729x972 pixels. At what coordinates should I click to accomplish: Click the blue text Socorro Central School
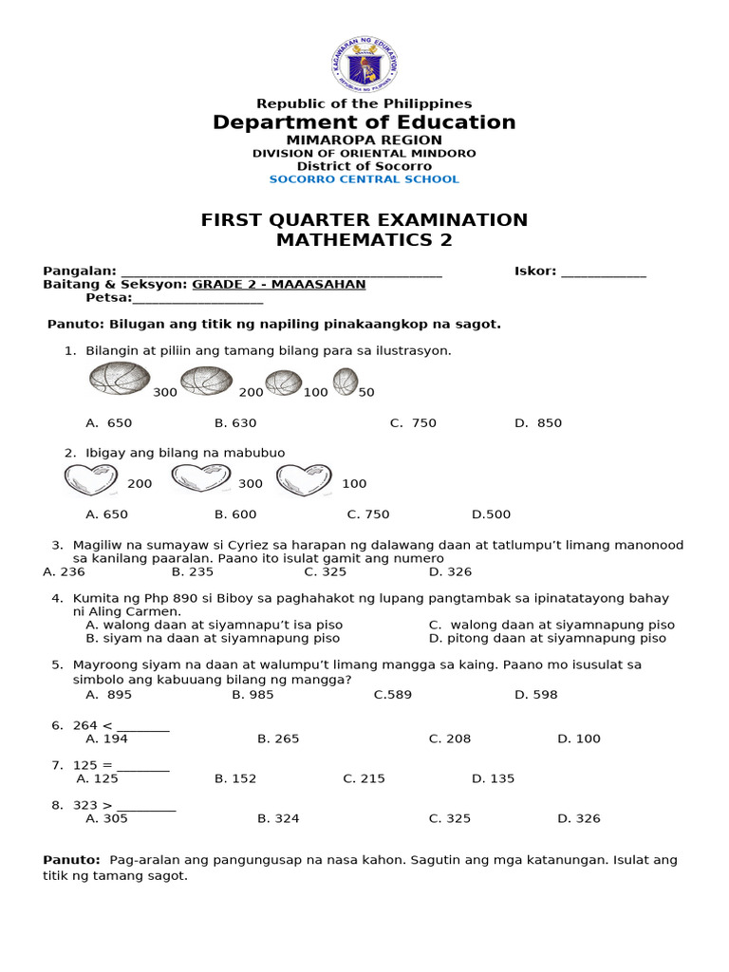click(x=364, y=179)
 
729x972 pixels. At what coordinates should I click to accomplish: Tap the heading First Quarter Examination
click(x=364, y=220)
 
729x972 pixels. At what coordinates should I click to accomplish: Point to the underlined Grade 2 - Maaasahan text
click(x=278, y=285)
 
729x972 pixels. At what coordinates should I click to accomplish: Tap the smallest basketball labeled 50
click(x=345, y=382)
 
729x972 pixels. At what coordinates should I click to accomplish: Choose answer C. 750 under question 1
click(x=413, y=423)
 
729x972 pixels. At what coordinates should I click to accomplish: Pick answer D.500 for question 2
click(x=491, y=514)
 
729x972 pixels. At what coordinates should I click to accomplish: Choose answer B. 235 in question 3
click(x=192, y=572)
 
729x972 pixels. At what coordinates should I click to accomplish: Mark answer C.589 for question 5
click(x=393, y=695)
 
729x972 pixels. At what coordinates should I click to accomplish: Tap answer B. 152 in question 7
click(x=235, y=778)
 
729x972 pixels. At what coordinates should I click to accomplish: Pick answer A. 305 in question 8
click(x=106, y=818)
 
